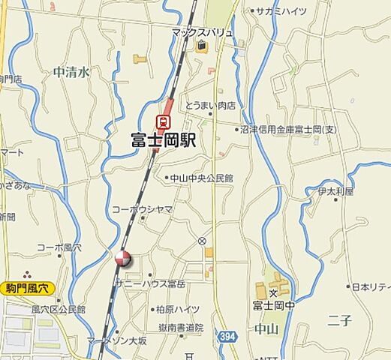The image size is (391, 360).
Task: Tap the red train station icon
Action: point(163,120)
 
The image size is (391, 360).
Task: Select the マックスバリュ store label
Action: point(202,32)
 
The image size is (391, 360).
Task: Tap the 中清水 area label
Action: point(71,72)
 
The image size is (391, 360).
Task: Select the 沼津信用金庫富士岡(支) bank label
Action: point(290,130)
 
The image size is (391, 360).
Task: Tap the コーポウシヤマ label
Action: point(143,209)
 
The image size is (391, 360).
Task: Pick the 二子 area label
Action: point(339,321)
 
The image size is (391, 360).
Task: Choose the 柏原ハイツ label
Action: point(177,309)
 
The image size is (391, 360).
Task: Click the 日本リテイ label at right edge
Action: point(371,286)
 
